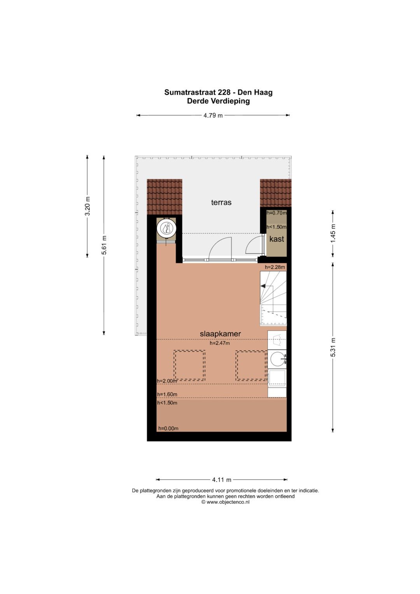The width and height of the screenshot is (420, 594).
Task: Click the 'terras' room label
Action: [221, 203]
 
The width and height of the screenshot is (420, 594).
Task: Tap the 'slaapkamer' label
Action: [220, 334]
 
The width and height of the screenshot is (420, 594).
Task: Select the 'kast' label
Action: [276, 239]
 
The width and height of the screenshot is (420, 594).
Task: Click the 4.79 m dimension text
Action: [213, 116]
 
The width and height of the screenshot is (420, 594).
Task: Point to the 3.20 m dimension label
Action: [87, 206]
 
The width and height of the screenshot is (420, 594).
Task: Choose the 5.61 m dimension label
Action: [104, 245]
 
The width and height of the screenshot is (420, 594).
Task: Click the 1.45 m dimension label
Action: [333, 233]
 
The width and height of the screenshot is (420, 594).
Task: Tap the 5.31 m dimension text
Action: [333, 347]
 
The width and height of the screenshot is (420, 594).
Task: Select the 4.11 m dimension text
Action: [222, 480]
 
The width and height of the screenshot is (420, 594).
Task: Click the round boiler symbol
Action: [166, 228]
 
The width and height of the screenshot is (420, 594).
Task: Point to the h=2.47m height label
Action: [220, 343]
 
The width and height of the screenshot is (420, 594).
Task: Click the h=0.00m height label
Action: [168, 428]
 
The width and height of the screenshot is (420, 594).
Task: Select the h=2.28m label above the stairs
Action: [275, 267]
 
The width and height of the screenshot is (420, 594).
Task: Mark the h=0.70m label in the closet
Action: [276, 213]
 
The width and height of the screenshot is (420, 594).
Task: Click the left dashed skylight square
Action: [189, 366]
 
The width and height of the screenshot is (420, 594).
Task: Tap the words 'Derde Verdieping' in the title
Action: [219, 101]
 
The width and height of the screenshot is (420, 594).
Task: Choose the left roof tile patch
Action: [164, 197]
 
